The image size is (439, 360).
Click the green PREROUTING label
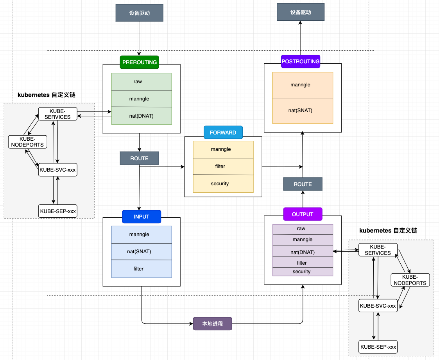139,62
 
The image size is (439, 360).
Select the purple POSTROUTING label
300,61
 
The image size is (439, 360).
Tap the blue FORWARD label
223,133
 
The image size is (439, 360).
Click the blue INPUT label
142,217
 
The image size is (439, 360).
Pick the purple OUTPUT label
303,214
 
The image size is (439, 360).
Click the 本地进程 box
212,324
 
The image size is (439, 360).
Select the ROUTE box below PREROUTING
139,158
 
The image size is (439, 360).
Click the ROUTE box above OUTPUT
303,184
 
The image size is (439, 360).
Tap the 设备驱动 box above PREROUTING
139,13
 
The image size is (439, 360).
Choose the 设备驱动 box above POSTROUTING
300,12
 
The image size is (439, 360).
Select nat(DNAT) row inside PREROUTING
142,116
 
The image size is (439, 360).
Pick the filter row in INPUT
142,269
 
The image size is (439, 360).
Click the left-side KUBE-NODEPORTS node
28,142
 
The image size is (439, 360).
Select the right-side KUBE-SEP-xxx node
378,347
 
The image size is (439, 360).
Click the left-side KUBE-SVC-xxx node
57,170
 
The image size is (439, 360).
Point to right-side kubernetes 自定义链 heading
388,231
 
